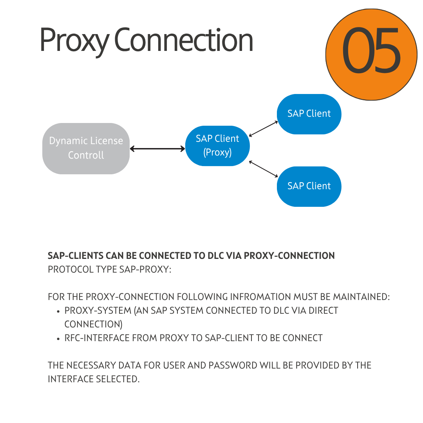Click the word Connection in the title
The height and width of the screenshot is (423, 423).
tap(184, 40)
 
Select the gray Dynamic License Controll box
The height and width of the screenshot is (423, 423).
tap(86, 148)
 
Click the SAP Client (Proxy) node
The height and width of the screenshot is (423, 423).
tap(217, 146)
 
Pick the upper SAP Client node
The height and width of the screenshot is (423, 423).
tap(309, 114)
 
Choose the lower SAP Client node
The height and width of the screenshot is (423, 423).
tap(309, 186)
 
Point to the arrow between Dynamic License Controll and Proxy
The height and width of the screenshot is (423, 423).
tap(157, 149)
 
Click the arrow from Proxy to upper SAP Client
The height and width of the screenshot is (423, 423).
tap(263, 129)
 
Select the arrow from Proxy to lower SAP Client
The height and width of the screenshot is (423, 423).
tap(263, 168)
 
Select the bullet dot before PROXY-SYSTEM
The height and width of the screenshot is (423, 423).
tap(58, 312)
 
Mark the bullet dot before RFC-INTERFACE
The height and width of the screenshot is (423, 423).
tap(58, 339)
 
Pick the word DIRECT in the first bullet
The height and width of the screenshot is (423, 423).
tap(324, 311)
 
